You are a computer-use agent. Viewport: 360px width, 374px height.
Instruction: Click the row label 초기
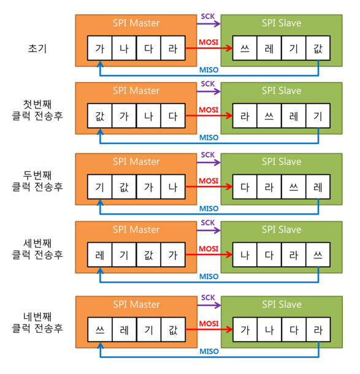[38, 47]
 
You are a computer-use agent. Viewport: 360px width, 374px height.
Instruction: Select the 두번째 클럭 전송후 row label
[38, 180]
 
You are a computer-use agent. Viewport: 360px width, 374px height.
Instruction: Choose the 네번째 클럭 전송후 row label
[38, 323]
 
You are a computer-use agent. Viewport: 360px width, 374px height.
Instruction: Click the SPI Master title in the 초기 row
[136, 23]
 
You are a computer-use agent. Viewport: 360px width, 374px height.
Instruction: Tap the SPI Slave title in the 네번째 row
[281, 305]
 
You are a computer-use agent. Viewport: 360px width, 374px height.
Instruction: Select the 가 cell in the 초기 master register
[99, 48]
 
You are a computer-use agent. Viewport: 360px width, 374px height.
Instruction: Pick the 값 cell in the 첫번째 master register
[99, 115]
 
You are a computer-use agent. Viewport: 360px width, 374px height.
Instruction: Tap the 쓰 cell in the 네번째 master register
[99, 329]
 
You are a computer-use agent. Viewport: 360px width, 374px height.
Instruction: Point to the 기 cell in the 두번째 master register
[99, 185]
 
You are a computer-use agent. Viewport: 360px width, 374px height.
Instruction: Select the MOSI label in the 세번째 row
[209, 248]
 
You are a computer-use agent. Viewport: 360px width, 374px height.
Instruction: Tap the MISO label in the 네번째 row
[209, 353]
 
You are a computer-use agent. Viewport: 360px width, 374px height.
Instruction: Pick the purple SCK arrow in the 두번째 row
[209, 161]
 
